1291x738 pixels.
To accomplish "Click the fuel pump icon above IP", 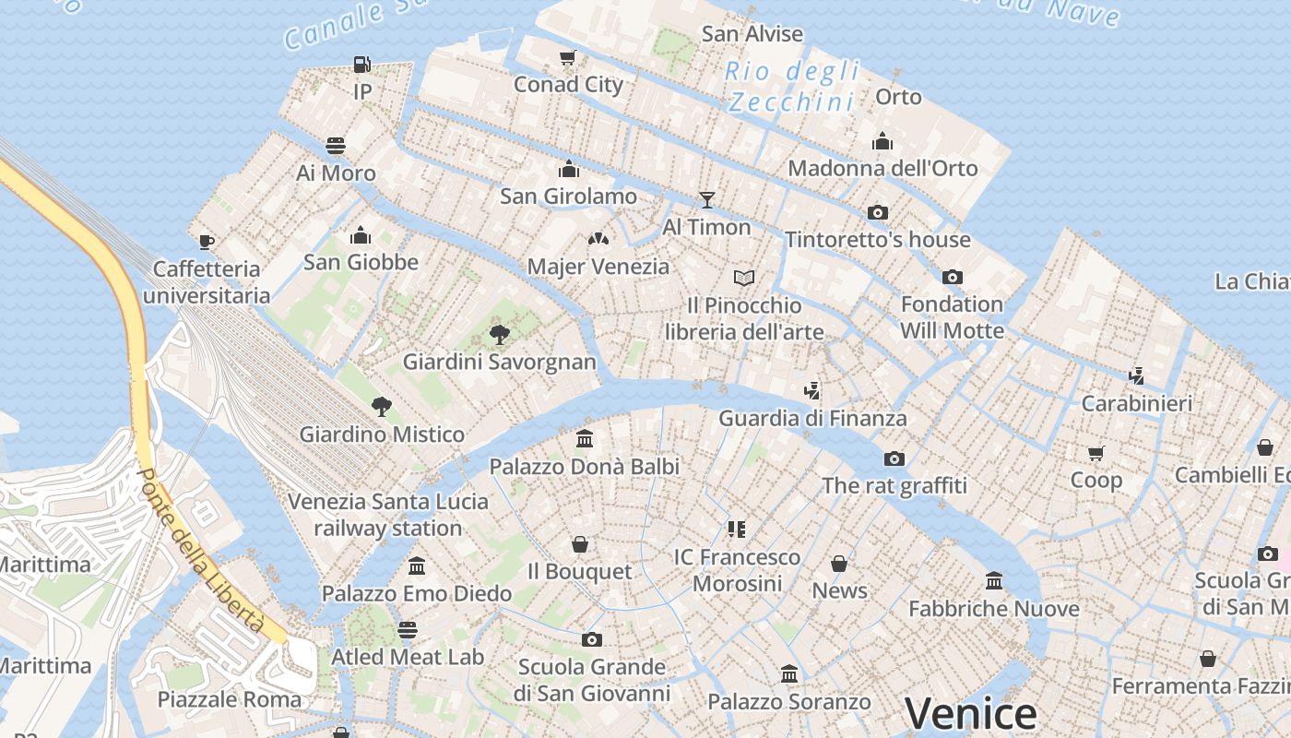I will pyautogui.click(x=362, y=65).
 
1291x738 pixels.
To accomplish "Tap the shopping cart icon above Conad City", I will pyautogui.click(x=568, y=58).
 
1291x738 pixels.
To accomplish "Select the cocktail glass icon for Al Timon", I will pyautogui.click(x=707, y=200).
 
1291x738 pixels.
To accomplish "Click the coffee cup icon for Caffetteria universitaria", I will pyautogui.click(x=207, y=242).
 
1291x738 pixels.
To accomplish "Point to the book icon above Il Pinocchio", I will pyautogui.click(x=744, y=278).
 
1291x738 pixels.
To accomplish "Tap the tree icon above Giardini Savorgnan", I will pyautogui.click(x=500, y=334).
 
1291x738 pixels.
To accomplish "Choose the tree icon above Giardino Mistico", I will pyautogui.click(x=382, y=406).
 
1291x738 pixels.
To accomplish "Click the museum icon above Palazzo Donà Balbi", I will pyautogui.click(x=585, y=438).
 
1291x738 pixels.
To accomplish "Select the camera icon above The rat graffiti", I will pyautogui.click(x=894, y=458).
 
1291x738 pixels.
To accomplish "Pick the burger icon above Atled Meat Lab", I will pyautogui.click(x=408, y=630).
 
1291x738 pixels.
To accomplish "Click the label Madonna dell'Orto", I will pyautogui.click(x=882, y=169).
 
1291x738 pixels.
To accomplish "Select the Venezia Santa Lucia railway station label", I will pyautogui.click(x=388, y=515).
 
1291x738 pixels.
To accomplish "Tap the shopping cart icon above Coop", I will pyautogui.click(x=1096, y=453).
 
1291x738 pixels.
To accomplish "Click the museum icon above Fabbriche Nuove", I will pyautogui.click(x=994, y=581).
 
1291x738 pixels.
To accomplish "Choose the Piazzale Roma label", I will pyautogui.click(x=229, y=699).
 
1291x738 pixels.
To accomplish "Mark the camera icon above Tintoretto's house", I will pyautogui.click(x=878, y=212).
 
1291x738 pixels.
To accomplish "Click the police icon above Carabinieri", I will pyautogui.click(x=1137, y=375).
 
